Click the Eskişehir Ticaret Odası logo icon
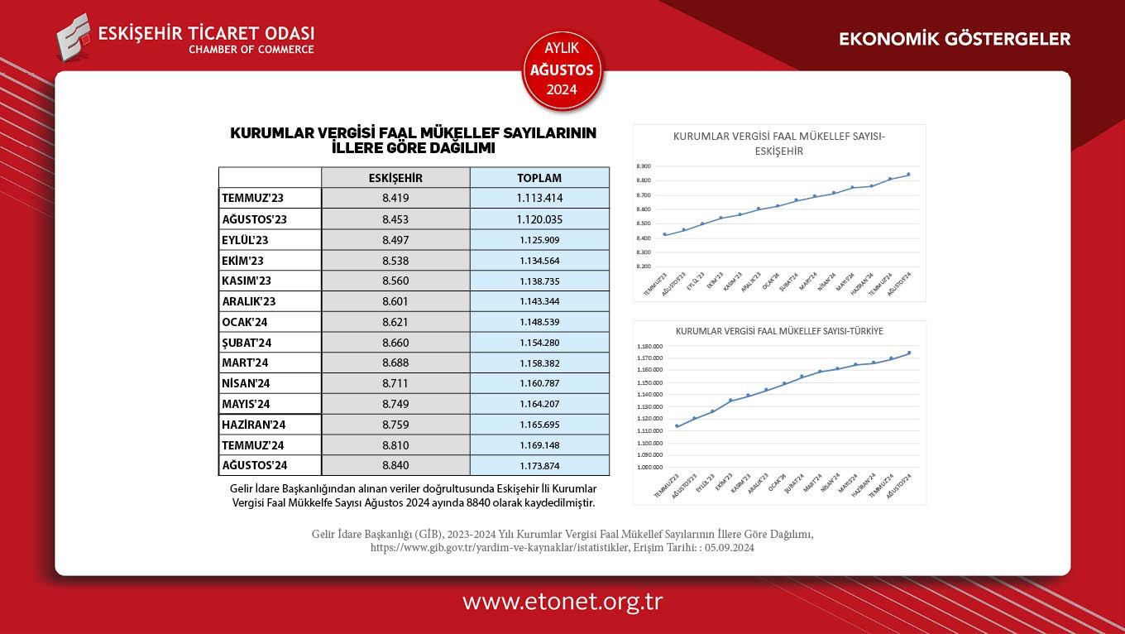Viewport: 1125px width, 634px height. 73,37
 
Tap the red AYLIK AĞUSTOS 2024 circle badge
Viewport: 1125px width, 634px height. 562,70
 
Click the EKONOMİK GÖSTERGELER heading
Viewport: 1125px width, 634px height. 955,39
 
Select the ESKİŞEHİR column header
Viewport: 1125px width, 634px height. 395,178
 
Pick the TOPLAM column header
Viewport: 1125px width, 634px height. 539,178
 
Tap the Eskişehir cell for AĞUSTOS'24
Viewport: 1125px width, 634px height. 395,465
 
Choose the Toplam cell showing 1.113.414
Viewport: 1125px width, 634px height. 539,199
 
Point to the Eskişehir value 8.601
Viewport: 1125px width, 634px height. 395,301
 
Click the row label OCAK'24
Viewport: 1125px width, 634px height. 245,322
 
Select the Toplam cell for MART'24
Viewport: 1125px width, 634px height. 539,363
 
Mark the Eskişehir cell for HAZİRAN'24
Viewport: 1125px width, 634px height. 395,425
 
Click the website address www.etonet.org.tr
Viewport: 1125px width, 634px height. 562,602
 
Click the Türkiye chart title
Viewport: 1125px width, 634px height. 779,331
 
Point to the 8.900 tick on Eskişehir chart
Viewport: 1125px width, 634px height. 644,166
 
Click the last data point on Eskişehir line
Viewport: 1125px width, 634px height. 908,175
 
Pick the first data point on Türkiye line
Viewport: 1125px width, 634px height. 677,426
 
